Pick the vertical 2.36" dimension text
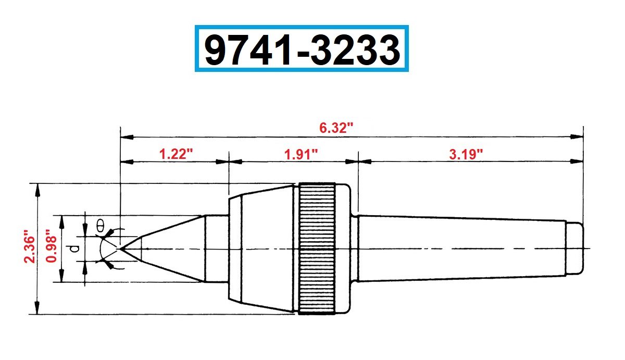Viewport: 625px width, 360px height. [29, 248]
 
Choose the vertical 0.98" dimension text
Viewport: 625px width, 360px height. [51, 248]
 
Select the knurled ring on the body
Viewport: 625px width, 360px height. [317, 249]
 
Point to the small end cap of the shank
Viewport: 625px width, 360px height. [574, 249]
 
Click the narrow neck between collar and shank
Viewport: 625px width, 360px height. [355, 249]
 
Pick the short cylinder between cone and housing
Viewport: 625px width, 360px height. [216, 249]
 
